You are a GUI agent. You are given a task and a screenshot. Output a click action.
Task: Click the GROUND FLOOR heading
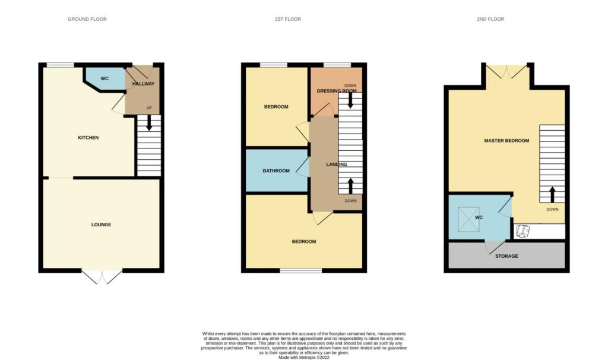87,19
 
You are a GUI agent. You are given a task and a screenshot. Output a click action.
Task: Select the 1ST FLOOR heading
288,19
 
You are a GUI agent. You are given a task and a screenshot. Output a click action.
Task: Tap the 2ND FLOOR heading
490,19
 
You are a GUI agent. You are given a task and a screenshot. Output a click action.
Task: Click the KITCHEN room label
88,138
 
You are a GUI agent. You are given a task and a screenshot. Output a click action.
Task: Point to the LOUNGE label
101,225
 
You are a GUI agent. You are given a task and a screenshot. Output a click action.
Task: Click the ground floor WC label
104,79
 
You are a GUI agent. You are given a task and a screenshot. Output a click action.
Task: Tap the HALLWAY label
143,84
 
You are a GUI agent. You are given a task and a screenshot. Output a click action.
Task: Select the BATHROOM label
276,170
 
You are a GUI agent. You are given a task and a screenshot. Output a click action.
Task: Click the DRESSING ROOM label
337,91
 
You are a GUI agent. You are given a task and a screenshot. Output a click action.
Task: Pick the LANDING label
337,165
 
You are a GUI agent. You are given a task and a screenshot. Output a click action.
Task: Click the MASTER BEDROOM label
506,141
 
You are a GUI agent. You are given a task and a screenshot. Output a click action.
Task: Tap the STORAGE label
506,256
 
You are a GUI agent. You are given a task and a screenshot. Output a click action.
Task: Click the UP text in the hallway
149,108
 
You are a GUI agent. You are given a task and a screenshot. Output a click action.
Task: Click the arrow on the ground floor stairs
149,124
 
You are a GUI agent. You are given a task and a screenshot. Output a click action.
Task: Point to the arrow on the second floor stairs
552,195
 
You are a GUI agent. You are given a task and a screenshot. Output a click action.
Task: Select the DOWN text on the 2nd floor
552,210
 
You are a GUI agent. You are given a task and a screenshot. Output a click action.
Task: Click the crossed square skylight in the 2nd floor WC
469,219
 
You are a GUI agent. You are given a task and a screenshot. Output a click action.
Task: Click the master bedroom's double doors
506,71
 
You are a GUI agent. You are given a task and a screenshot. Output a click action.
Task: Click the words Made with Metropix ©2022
304,358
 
